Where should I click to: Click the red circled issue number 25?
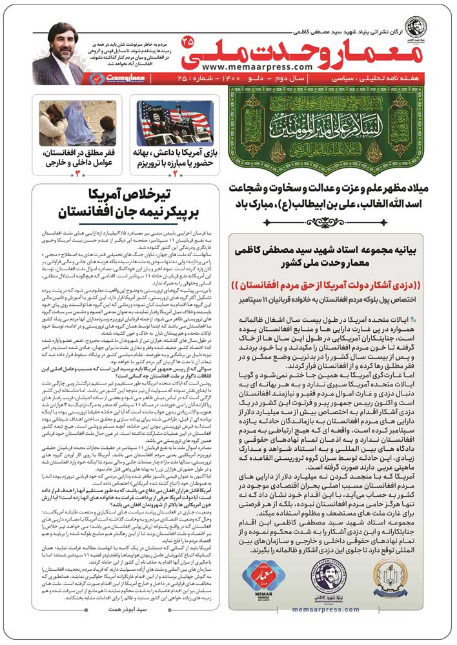click(188, 41)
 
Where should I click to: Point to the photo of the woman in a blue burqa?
click(77, 123)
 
